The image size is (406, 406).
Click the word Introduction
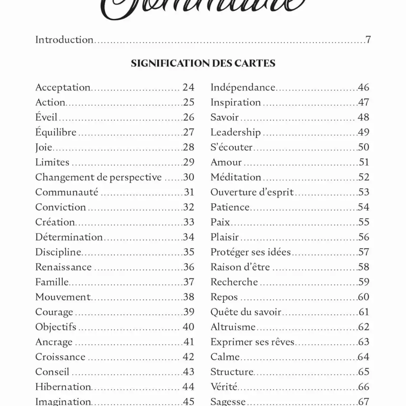64,40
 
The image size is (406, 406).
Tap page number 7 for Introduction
368,40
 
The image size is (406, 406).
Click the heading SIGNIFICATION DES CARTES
203,63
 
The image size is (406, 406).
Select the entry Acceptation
63,88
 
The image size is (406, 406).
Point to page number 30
188,177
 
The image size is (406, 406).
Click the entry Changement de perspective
98,177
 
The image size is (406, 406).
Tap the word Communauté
67,192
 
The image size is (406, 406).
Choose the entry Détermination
69,237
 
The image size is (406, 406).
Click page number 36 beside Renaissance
188,267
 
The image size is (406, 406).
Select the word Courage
54,312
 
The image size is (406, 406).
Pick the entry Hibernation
63,387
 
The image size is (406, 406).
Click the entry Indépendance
243,88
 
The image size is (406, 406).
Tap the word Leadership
235,132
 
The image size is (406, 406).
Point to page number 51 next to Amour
364,162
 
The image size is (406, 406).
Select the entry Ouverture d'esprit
252,192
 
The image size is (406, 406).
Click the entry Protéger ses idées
251,252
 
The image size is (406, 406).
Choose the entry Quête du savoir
246,312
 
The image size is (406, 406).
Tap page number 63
363,342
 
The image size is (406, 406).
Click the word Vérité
224,387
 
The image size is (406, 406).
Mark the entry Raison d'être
240,267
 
